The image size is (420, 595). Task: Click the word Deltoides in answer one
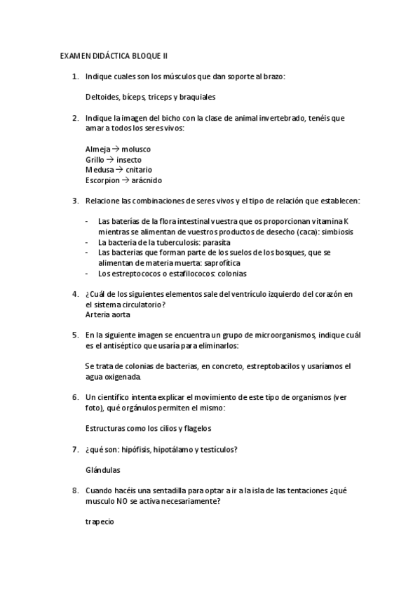click(x=102, y=96)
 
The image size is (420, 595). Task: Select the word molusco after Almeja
click(x=136, y=149)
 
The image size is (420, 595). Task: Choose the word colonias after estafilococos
click(x=226, y=273)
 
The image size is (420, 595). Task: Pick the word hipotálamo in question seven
click(x=177, y=449)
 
